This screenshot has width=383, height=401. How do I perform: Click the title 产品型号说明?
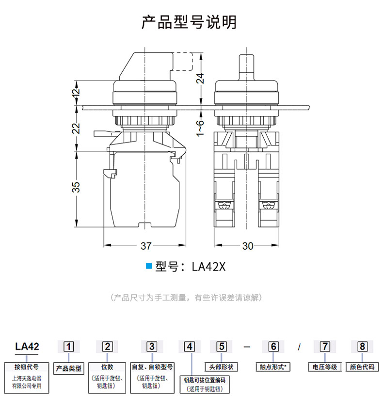pos(189,22)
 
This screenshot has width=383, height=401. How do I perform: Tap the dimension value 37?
pos(146,246)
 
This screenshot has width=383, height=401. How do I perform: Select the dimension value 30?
pos(247,246)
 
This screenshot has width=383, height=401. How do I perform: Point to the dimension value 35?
pos(76,187)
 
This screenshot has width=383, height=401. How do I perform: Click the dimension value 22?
pos(76,128)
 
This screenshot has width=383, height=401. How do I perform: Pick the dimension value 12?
pos(76,92)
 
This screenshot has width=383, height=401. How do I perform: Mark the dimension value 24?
pos(200,78)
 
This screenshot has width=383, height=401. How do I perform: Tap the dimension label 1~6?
pos(200,128)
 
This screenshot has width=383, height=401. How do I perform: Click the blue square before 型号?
pos(148,266)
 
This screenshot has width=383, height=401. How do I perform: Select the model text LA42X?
pos(208,267)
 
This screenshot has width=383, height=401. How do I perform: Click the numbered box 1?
pos(68,347)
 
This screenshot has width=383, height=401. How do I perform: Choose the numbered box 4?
pos(190,347)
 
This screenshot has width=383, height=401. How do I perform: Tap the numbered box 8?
pos(362,347)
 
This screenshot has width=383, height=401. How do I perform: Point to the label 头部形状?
pos(222,367)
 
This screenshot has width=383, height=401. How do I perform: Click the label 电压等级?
pos(325,367)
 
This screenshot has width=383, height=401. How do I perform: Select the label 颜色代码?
pos(362,367)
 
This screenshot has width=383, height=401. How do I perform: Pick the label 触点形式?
pos(273,367)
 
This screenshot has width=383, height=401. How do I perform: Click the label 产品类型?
pos(69,369)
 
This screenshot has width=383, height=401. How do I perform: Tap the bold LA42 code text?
pos(27,347)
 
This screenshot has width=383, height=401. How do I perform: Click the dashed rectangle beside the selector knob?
pos(192,62)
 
